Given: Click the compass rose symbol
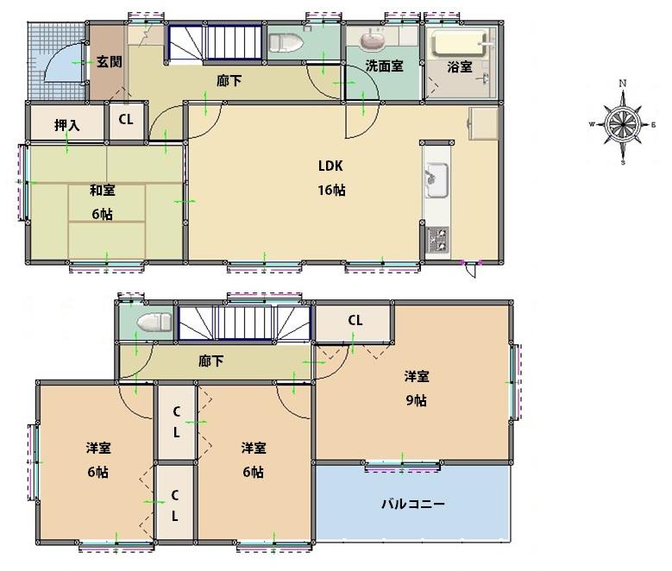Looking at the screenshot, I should point(621,123).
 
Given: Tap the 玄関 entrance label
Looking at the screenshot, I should point(108,61).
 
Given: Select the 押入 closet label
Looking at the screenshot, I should point(67,125).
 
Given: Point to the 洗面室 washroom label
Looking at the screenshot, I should point(383,66).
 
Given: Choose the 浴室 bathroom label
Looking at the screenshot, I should point(460,66).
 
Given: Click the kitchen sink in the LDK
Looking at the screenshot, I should point(436,179).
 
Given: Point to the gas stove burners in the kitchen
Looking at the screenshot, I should point(436,240).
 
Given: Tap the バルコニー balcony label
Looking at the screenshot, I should point(413,504).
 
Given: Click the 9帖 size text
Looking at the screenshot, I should point(418,400).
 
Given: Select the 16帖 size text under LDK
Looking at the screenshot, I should point(331,191).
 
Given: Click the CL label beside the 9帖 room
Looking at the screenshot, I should point(355,320).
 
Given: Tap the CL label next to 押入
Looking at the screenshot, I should point(126,120).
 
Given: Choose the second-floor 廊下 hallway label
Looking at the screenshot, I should point(211,361).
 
